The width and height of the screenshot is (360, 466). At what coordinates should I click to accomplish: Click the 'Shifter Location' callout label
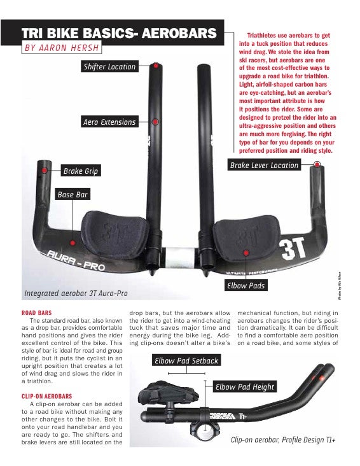[109, 66]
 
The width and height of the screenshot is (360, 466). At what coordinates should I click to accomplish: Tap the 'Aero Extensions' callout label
[109, 122]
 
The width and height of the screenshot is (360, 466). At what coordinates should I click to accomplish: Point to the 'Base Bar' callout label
[73, 194]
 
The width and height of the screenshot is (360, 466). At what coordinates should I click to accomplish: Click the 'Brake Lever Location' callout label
[264, 165]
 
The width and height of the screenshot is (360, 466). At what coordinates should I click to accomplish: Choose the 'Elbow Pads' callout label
[246, 286]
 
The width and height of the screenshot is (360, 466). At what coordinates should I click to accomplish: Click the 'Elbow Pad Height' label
[245, 386]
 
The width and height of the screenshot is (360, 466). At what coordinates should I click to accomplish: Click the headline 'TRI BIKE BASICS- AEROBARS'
[118, 33]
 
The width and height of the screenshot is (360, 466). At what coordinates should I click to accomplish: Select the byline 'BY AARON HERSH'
[61, 48]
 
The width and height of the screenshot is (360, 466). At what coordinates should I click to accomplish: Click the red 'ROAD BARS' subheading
[37, 314]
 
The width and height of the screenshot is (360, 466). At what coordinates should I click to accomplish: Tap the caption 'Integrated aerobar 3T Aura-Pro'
[76, 293]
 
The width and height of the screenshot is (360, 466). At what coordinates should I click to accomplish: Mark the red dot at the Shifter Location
[156, 65]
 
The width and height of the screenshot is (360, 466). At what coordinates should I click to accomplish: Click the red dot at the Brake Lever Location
[317, 164]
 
